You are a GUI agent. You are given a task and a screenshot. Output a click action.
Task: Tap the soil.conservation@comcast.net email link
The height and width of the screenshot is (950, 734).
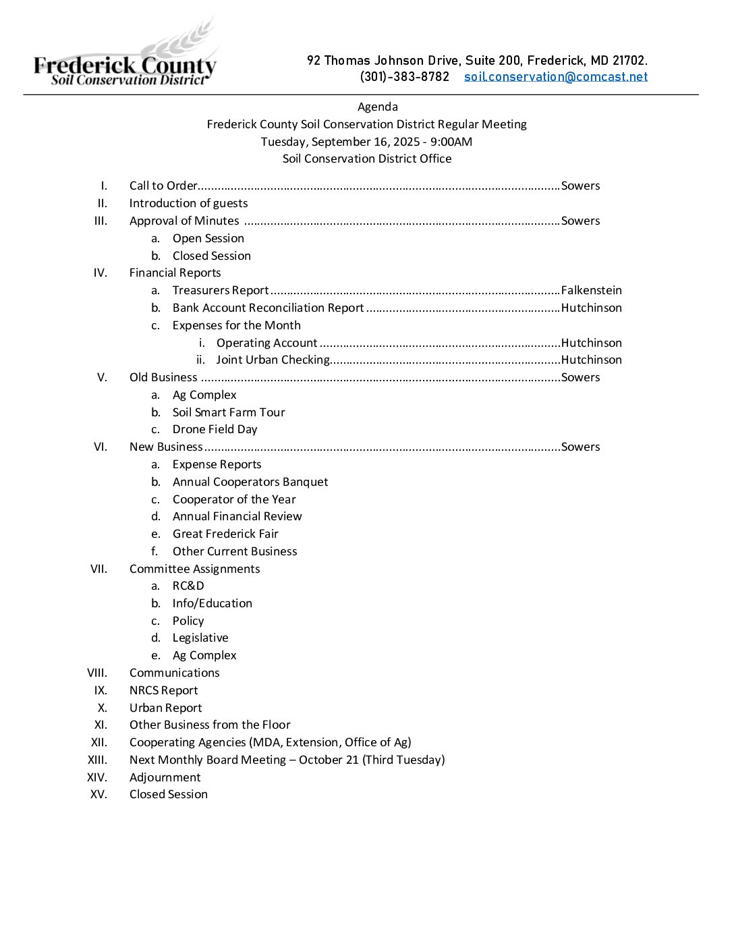click(x=555, y=76)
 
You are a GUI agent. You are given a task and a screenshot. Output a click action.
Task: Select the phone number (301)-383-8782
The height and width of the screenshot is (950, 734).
click(x=404, y=76)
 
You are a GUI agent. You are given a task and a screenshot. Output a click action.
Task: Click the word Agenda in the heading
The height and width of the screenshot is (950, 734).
click(x=377, y=107)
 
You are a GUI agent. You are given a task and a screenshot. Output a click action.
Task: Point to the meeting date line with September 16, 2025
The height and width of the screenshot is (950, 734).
click(x=366, y=142)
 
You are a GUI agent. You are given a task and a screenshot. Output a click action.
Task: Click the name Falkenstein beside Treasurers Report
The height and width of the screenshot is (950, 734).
click(x=591, y=290)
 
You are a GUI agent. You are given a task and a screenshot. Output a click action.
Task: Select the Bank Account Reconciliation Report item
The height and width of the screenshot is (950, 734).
click(x=268, y=308)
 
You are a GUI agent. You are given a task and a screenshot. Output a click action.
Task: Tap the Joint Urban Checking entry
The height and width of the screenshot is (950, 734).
click(x=273, y=360)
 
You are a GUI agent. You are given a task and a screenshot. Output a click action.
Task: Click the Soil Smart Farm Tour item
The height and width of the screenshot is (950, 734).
click(x=228, y=412)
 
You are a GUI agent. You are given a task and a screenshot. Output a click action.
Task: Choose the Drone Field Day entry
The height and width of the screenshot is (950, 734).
click(x=215, y=429)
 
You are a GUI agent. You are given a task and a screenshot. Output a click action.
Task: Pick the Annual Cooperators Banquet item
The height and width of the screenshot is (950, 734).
click(x=250, y=482)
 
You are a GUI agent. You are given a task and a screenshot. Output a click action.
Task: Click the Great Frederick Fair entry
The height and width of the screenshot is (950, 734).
click(x=225, y=534)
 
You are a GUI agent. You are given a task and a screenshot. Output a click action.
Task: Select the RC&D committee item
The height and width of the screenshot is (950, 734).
click(x=188, y=586)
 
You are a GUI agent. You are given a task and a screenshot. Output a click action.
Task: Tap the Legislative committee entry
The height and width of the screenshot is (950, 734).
click(x=200, y=638)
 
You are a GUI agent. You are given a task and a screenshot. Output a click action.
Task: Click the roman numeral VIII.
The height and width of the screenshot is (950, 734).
click(x=97, y=673)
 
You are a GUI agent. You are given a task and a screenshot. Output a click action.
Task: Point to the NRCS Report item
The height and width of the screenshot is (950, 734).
click(x=163, y=690)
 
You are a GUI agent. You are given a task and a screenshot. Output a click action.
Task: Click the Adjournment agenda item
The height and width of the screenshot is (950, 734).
click(x=165, y=777)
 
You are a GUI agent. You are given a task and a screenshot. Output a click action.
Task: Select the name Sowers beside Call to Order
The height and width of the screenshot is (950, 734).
click(x=580, y=186)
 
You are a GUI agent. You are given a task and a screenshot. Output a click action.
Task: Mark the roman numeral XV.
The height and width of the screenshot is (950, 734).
click(x=98, y=794)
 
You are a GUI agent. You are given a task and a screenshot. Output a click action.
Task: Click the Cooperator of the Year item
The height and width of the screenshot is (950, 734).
click(x=233, y=499)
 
